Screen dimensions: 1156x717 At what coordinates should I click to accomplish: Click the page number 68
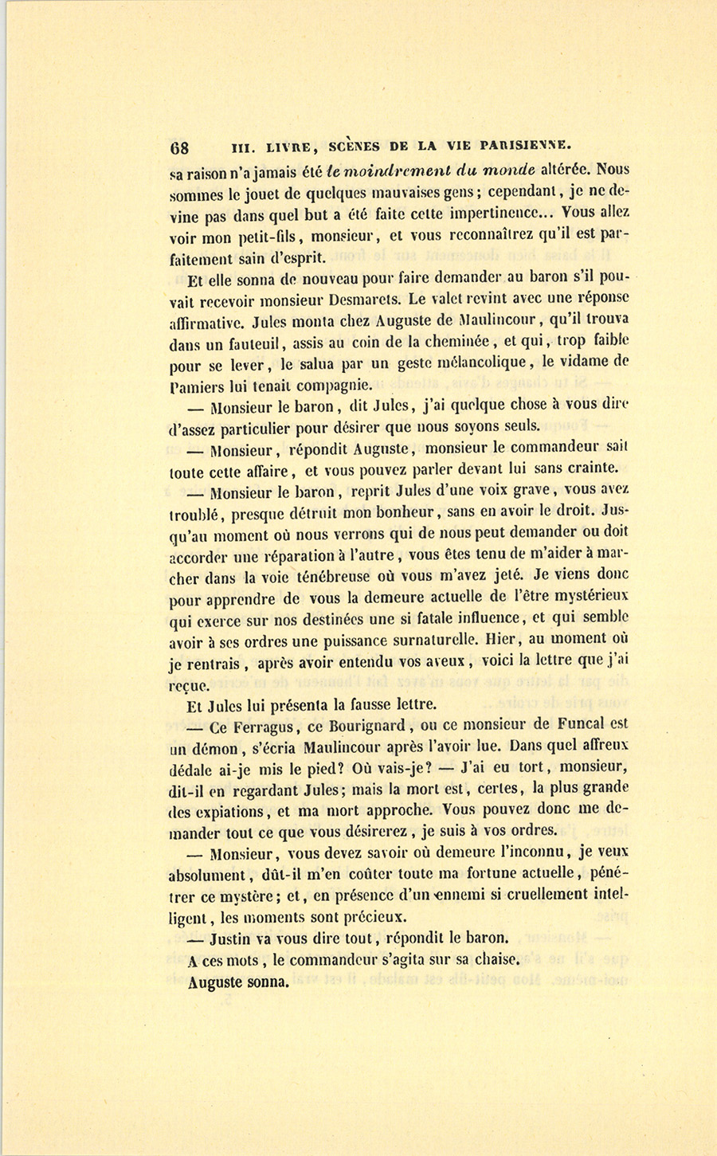click(x=179, y=148)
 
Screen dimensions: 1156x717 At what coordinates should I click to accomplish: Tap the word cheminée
click(x=468, y=343)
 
